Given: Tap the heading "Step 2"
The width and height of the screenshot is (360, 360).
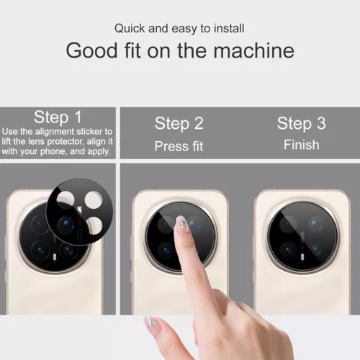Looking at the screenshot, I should point(179,123).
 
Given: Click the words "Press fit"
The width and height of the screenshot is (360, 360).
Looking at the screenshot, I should point(179,146).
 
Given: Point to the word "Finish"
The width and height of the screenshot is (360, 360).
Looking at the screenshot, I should point(301,145).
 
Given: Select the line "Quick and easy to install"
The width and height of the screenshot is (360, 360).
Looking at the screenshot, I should point(179,29).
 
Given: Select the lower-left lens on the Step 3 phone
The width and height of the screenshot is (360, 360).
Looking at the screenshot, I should point(282,250).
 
